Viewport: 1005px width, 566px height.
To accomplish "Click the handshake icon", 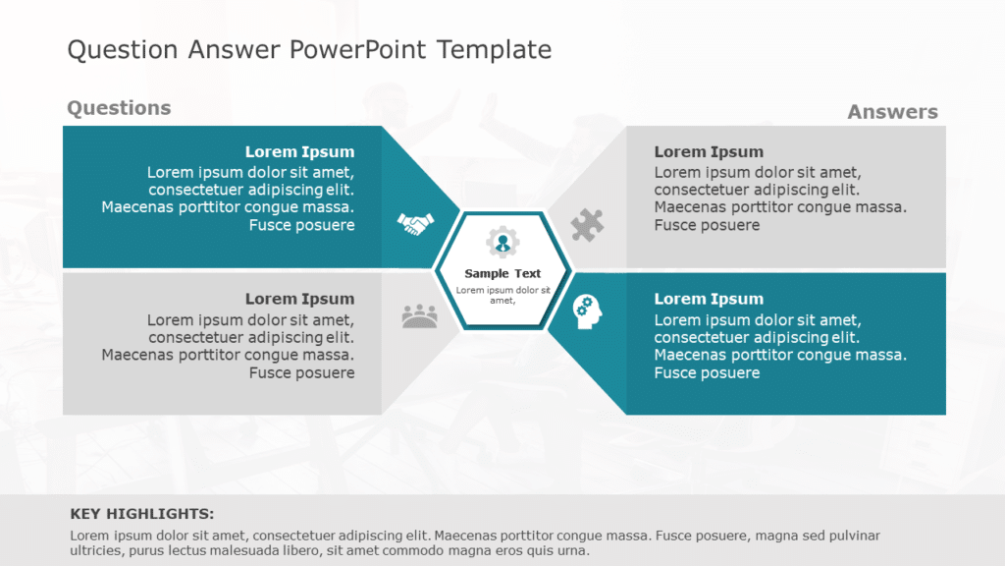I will [x=415, y=224].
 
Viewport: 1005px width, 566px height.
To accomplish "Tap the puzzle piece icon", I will [x=587, y=225].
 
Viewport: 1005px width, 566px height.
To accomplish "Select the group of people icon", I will [x=419, y=315].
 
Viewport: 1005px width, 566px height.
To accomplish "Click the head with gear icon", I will [x=588, y=311].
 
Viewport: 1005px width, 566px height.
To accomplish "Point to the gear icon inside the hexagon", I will [x=502, y=242].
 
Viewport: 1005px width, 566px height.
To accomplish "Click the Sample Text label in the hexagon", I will [x=502, y=274].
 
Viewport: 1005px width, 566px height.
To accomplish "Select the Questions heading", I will [x=119, y=108].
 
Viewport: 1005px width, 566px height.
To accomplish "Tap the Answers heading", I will [x=892, y=112].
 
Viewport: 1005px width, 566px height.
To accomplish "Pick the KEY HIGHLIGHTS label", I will [x=142, y=514].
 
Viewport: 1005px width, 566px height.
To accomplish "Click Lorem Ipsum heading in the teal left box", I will [x=299, y=152].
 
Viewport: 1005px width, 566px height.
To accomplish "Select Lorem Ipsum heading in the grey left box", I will [x=299, y=299].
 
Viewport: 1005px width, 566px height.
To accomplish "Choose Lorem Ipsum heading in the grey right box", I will [x=709, y=152].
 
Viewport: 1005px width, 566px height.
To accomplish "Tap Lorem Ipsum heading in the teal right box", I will [x=709, y=299].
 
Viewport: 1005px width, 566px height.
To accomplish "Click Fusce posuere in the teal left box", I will [x=301, y=226].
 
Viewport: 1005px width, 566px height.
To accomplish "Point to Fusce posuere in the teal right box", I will [x=707, y=373].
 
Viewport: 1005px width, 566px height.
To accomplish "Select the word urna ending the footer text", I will [x=572, y=550].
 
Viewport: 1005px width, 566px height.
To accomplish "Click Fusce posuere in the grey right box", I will [x=707, y=226].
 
